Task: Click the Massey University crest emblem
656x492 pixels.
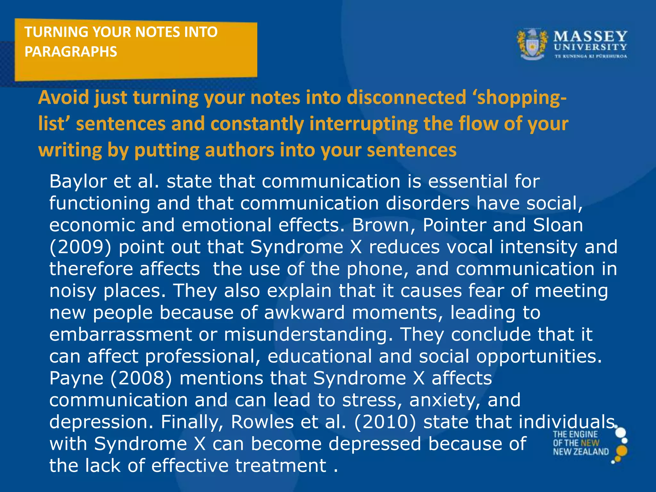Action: (x=532, y=45)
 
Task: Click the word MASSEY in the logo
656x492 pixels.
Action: (x=590, y=36)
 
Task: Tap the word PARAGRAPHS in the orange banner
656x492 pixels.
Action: (x=71, y=52)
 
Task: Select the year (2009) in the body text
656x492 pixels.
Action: (x=80, y=247)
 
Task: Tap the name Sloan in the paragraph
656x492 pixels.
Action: (x=558, y=225)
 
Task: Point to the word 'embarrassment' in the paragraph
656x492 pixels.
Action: (x=120, y=334)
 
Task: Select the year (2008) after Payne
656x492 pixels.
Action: (x=141, y=378)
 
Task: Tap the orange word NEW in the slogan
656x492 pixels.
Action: (x=590, y=443)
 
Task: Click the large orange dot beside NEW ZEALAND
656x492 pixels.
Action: (x=621, y=451)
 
